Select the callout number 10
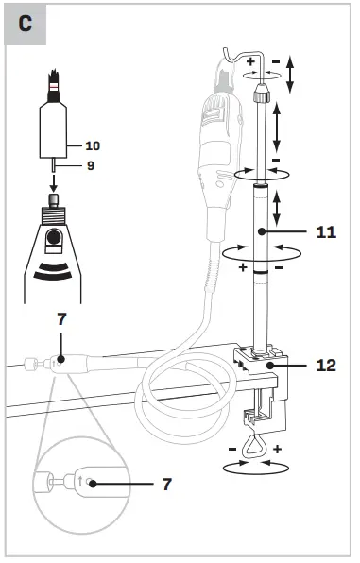92,145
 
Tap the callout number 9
90,166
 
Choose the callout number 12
325,364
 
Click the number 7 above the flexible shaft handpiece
62,319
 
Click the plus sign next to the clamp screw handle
278,449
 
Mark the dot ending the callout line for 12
269,364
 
